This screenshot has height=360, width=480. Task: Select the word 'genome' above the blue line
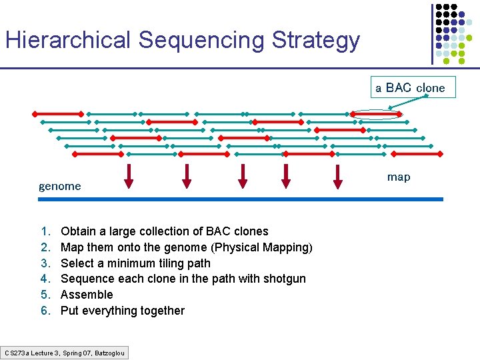59,186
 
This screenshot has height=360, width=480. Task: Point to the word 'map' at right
399,177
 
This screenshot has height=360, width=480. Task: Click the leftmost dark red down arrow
129,175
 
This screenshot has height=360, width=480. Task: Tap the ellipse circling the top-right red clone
377,115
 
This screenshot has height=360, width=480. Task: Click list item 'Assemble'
87,295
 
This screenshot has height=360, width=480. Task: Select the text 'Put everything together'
123,311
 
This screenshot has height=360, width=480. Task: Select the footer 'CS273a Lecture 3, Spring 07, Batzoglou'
65,352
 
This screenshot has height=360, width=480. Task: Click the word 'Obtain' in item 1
77,231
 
